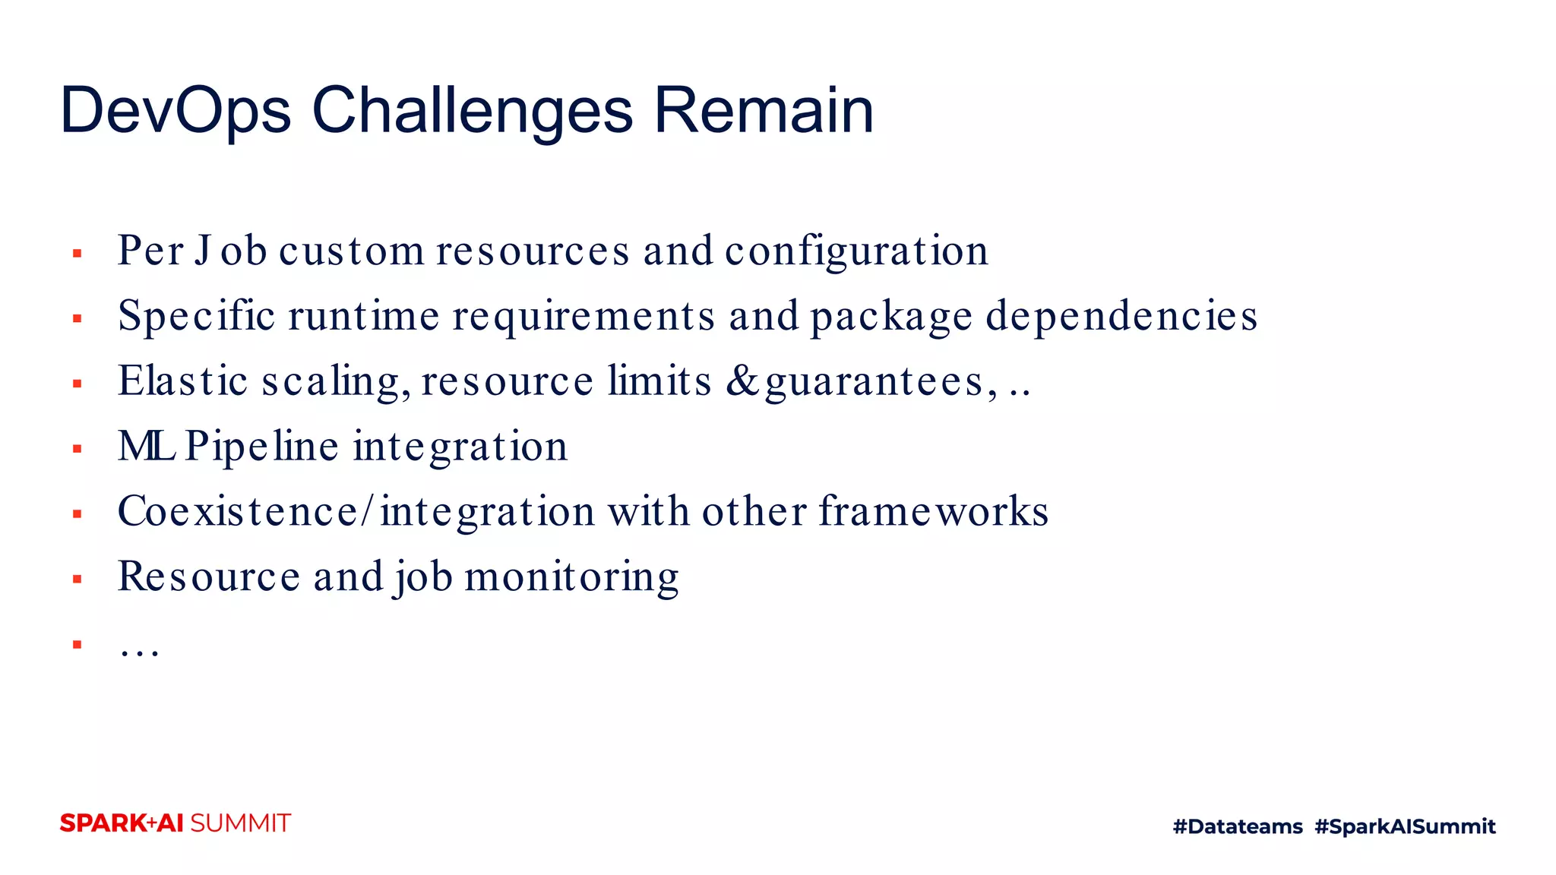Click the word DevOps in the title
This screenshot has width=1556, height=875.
[x=176, y=111]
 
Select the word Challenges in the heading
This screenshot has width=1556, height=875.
[x=472, y=111]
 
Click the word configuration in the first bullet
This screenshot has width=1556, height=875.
[x=856, y=251]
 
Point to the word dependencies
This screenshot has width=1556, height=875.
[x=1121, y=317]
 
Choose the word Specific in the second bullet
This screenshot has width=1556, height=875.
[x=196, y=317]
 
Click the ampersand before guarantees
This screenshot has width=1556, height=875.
[x=742, y=381]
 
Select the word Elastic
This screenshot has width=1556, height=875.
[x=183, y=381]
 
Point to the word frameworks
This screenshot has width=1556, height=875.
[x=934, y=511]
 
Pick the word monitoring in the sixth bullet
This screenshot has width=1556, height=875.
[x=571, y=577]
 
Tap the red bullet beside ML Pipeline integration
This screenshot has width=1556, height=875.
[x=77, y=449]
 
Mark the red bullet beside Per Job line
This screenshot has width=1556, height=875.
[x=77, y=254]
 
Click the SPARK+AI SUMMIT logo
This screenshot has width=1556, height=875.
[x=176, y=823]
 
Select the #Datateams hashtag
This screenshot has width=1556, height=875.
[x=1238, y=826]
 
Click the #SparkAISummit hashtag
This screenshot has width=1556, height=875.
[x=1405, y=826]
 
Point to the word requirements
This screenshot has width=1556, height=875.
[x=583, y=317]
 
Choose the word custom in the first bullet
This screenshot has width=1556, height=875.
[x=351, y=251]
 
